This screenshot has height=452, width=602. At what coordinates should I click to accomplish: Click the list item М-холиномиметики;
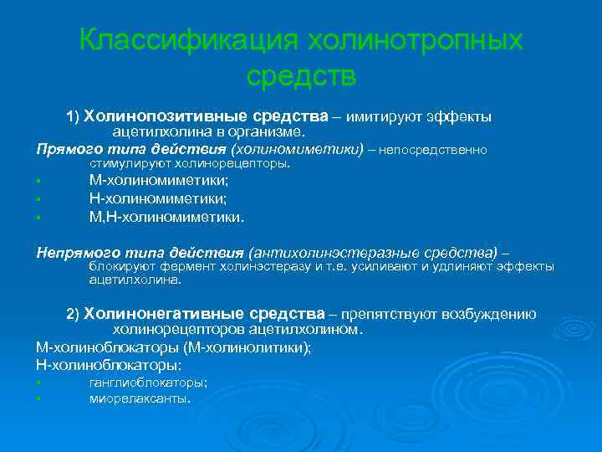click(159, 180)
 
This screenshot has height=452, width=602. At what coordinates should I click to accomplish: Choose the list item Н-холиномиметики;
click(158, 198)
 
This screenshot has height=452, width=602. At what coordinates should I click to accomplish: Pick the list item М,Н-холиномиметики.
click(167, 217)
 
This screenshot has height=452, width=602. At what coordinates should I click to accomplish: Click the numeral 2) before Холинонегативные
click(73, 314)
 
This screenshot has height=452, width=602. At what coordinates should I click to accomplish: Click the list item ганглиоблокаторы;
click(148, 383)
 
